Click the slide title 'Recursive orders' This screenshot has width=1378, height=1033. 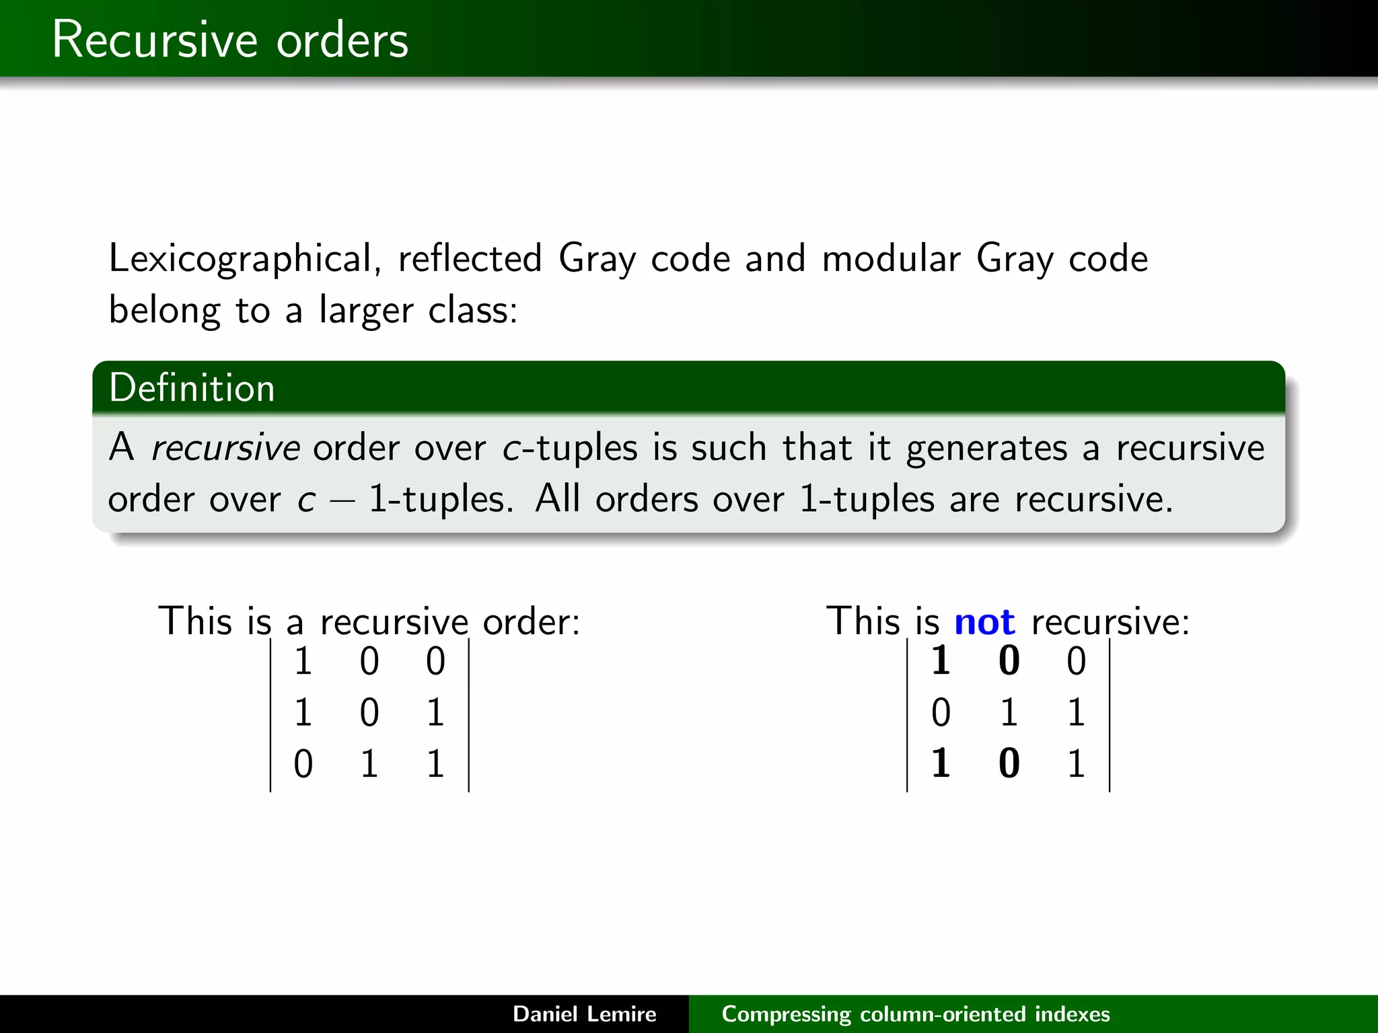pos(230,40)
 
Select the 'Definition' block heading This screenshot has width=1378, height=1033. pos(192,388)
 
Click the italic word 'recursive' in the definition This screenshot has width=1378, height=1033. pos(225,448)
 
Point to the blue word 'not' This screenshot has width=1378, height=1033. pos(984,621)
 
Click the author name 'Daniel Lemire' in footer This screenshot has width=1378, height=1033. pos(584,1013)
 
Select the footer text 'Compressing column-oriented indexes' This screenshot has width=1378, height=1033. pos(915,1013)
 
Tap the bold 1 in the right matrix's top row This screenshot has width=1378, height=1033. pos(941,660)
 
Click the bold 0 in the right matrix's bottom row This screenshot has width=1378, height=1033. pos(1009,764)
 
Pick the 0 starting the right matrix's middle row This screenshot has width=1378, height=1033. pos(941,712)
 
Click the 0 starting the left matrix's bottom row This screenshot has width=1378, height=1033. pos(303,764)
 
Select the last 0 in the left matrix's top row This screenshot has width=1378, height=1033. pos(435,660)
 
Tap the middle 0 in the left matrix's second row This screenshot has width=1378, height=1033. pos(369,712)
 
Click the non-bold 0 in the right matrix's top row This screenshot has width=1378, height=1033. pos(1076,660)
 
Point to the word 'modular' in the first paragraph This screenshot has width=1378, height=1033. pos(891,260)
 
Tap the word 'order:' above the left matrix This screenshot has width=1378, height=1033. pos(532,621)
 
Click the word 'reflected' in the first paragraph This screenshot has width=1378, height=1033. pos(470,259)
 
